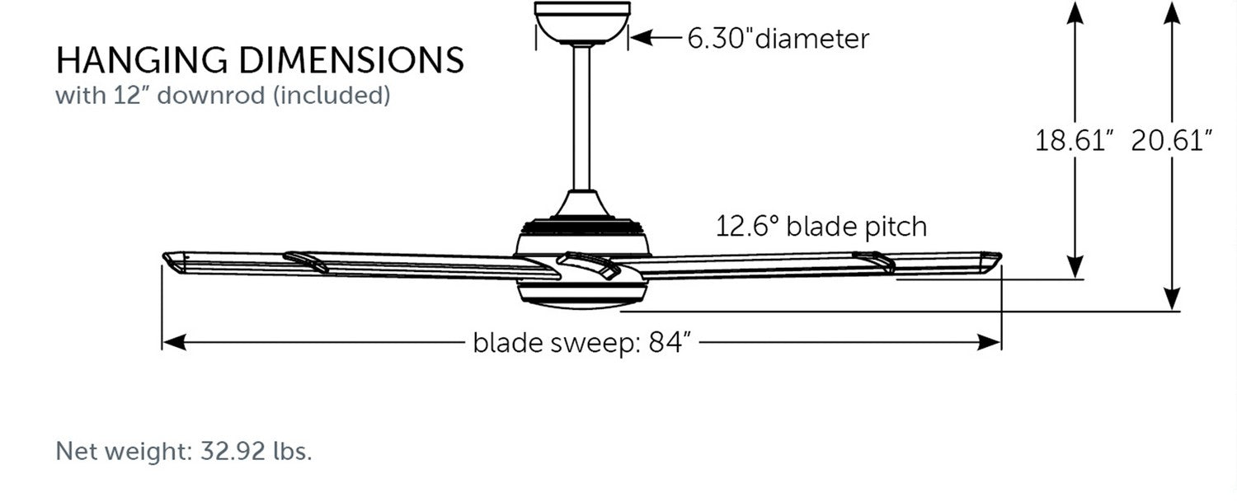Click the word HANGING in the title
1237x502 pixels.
click(x=142, y=60)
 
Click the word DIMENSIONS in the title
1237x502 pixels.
click(x=352, y=60)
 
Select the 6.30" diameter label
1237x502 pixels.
click(x=778, y=39)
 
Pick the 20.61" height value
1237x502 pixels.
click(x=1171, y=140)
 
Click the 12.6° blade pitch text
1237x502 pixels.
click(x=821, y=227)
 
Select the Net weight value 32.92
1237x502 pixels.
click(x=233, y=451)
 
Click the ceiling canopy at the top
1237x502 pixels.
click(x=582, y=22)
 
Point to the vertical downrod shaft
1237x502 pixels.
click(x=581, y=118)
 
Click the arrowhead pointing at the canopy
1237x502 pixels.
click(x=642, y=38)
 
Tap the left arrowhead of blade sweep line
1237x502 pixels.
click(x=174, y=342)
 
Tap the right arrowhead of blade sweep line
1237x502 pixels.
click(x=989, y=342)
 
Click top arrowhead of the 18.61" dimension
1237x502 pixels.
click(x=1075, y=13)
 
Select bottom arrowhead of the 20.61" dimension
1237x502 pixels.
click(x=1172, y=298)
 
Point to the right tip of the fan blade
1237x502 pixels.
click(x=1000, y=256)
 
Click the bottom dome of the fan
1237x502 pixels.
click(x=582, y=294)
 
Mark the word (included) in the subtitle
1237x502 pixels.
click(x=332, y=95)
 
